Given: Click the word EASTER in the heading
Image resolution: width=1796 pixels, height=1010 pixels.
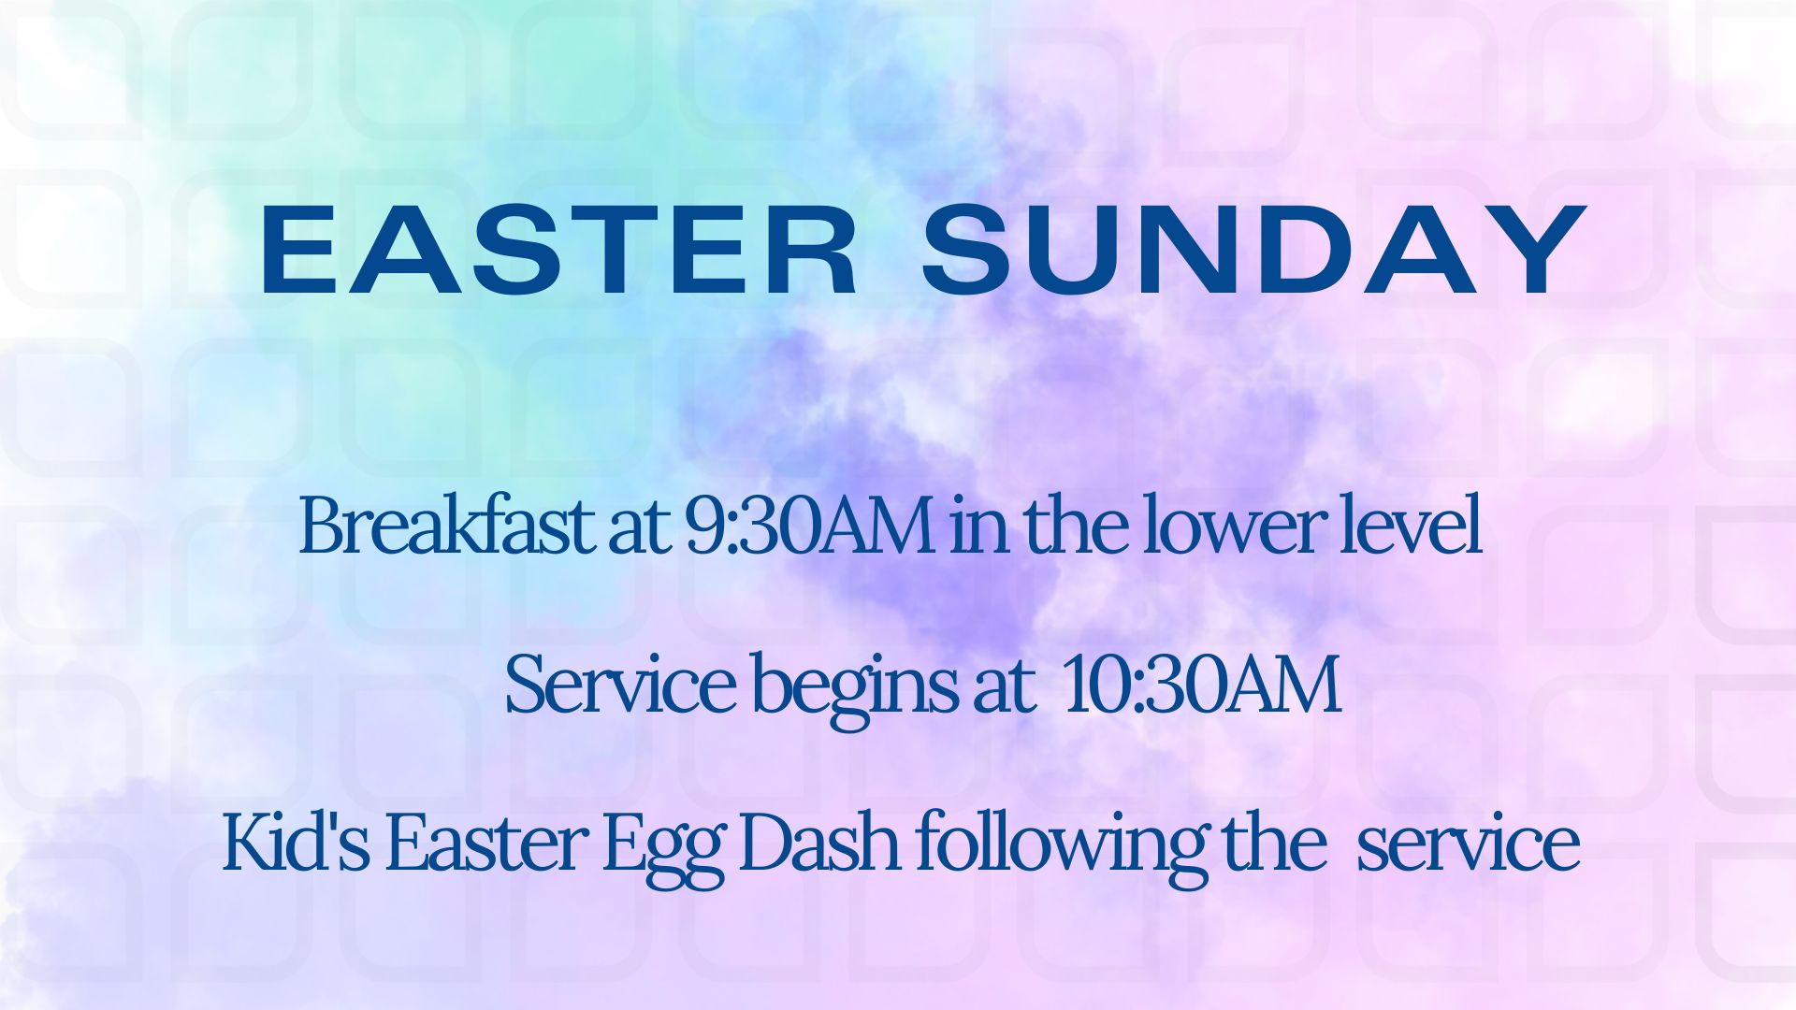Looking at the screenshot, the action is point(558,250).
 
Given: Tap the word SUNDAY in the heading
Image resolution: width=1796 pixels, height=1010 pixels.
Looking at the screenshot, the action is point(1253,250).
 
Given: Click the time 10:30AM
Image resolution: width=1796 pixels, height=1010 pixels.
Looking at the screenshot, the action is point(1202,688).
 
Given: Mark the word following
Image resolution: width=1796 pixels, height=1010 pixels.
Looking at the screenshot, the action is point(1061,850).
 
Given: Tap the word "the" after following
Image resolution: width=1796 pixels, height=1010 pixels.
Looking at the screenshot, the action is point(1274,844).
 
